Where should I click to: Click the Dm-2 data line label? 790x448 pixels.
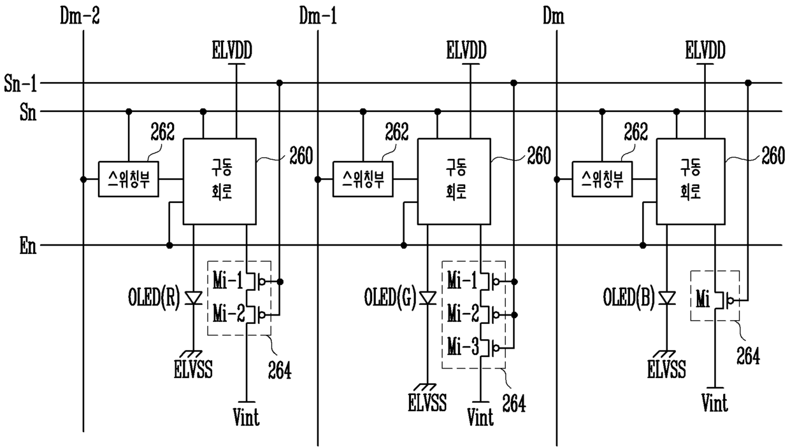pyautogui.click(x=80, y=16)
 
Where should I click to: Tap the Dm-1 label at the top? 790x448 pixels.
pyautogui.click(x=318, y=16)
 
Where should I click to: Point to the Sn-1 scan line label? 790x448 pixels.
pyautogui.click(x=20, y=83)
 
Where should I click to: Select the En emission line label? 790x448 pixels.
pyautogui.click(x=28, y=246)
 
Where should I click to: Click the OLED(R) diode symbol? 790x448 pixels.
pyautogui.click(x=193, y=298)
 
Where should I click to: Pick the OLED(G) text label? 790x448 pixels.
pyautogui.click(x=390, y=297)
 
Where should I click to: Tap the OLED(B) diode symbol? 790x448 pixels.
pyautogui.click(x=667, y=298)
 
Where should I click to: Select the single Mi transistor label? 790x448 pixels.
pyautogui.click(x=703, y=300)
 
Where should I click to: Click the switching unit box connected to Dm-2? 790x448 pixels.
pyautogui.click(x=129, y=179)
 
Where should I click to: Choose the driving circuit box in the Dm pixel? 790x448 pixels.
pyautogui.click(x=691, y=181)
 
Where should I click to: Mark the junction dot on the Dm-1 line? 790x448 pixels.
pyautogui.click(x=318, y=179)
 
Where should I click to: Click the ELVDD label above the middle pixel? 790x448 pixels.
pyautogui.click(x=466, y=50)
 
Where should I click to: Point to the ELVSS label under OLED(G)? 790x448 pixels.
pyautogui.click(x=427, y=403)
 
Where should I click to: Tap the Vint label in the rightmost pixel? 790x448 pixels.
pyautogui.click(x=715, y=403)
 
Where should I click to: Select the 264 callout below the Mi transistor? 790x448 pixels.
pyautogui.click(x=748, y=356)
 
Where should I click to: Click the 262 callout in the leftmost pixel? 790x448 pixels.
pyautogui.click(x=162, y=132)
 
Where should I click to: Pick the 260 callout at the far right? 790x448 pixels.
pyautogui.click(x=773, y=156)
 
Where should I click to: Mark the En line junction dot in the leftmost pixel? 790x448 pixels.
pyautogui.click(x=169, y=245)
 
